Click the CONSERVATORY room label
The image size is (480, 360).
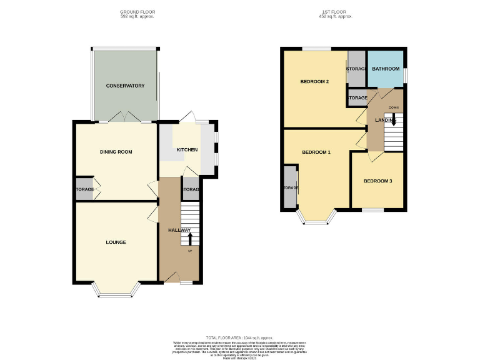(x=125, y=86)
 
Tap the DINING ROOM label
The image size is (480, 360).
(x=116, y=152)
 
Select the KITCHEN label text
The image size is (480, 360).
(x=187, y=150)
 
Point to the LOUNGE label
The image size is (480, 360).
(x=116, y=242)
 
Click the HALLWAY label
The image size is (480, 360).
(x=179, y=231)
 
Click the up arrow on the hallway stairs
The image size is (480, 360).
(x=190, y=239)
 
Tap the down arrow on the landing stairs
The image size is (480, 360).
(x=394, y=120)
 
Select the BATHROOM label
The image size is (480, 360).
(x=386, y=69)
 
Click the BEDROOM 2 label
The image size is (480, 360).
(x=314, y=82)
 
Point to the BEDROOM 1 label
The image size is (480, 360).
(x=316, y=152)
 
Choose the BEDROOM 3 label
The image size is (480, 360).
(x=378, y=181)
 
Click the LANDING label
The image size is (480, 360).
(x=386, y=120)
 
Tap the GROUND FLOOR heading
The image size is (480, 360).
(x=137, y=12)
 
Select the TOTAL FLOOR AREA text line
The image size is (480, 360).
(x=239, y=337)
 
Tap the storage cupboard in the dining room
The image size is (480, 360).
(x=84, y=190)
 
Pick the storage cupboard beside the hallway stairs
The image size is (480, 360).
(x=191, y=190)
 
